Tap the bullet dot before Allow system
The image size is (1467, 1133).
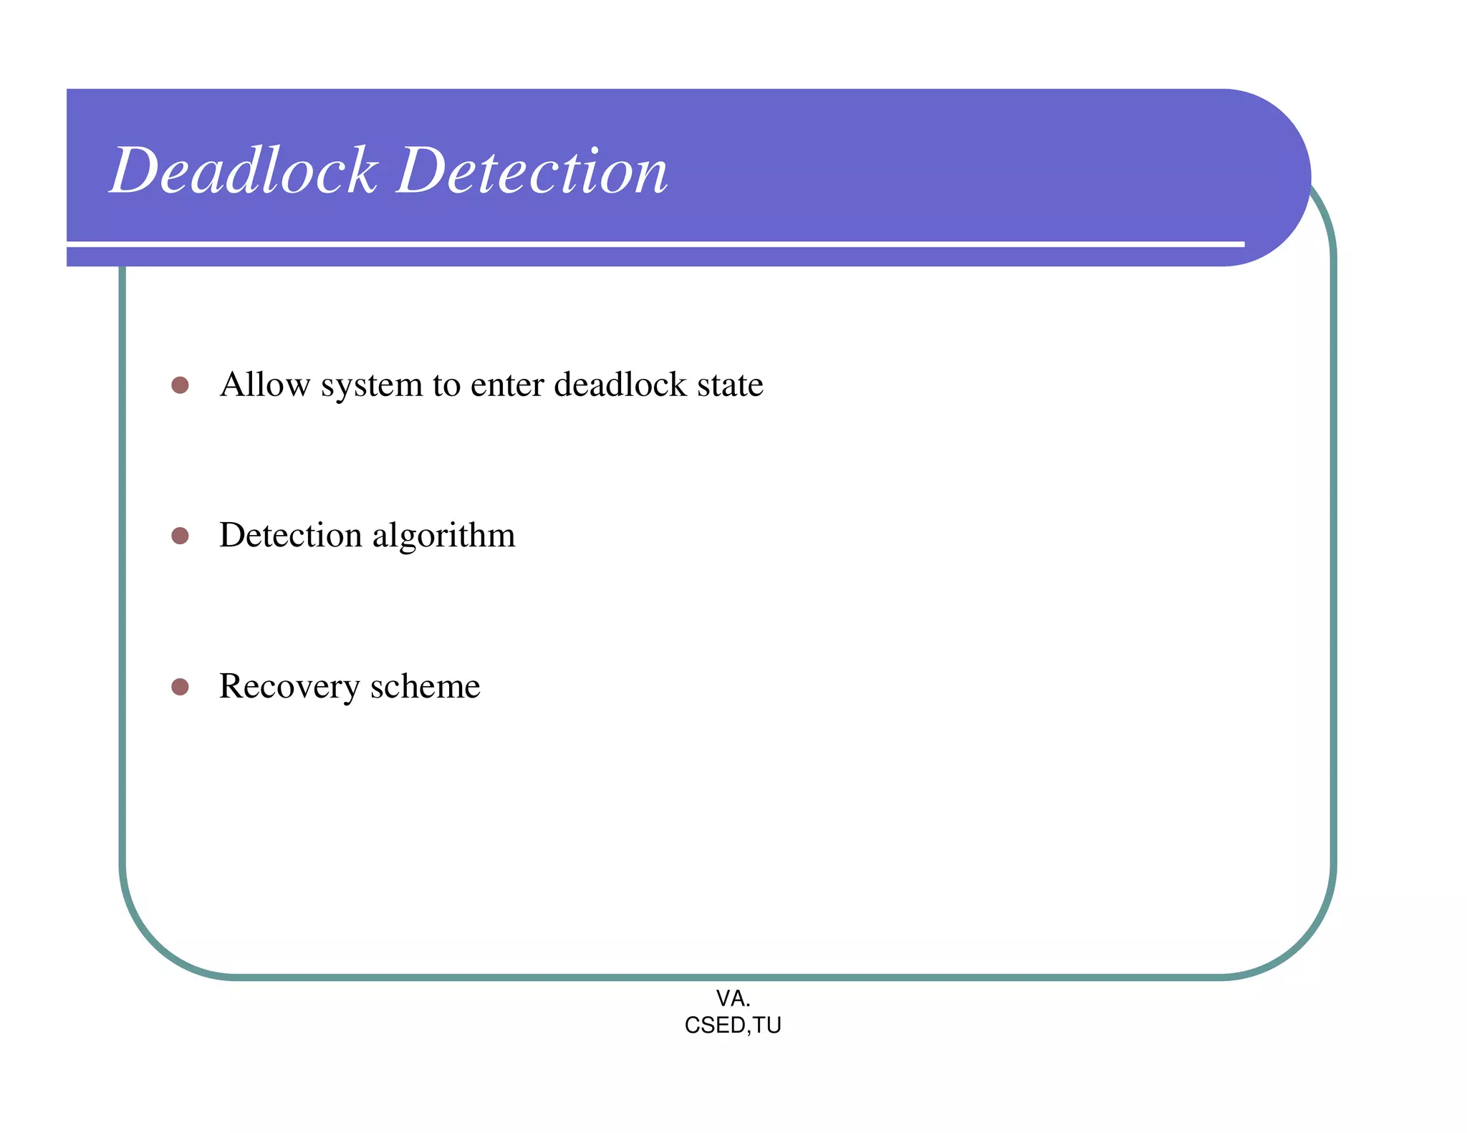[x=180, y=385]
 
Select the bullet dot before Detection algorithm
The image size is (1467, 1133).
[x=180, y=536]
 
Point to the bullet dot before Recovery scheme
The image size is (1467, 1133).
[x=180, y=687]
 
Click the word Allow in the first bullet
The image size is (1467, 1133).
[x=264, y=385]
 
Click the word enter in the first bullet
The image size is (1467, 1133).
[x=506, y=385]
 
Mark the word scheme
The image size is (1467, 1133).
[x=425, y=687]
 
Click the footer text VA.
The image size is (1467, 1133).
[x=733, y=998]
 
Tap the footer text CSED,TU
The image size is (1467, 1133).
[x=733, y=1026]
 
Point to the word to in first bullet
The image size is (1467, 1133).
[x=446, y=385]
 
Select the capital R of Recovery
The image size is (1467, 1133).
[x=233, y=686]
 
